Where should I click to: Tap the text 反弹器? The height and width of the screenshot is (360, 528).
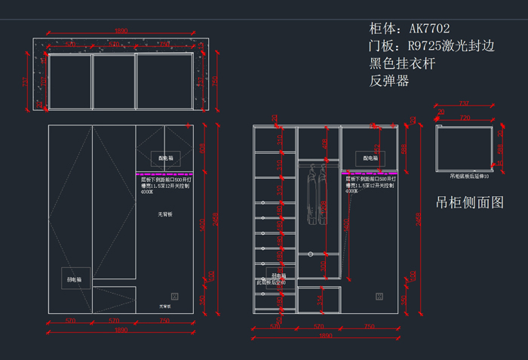(x=389, y=80)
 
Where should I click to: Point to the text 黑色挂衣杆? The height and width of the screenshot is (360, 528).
(x=403, y=63)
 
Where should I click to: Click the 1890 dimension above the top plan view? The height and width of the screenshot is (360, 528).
(x=121, y=31)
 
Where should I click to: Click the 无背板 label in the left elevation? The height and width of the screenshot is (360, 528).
(x=165, y=214)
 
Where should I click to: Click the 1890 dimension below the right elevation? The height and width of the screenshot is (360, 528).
(x=326, y=335)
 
